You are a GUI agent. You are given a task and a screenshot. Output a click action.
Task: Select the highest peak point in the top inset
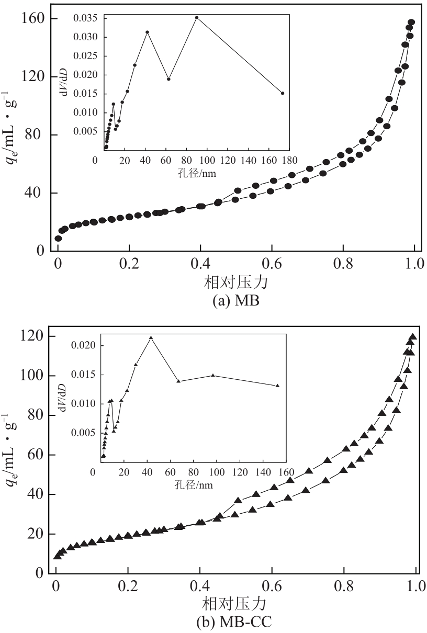[x=197, y=17]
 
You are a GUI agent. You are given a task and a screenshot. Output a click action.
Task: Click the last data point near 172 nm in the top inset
[x=283, y=93]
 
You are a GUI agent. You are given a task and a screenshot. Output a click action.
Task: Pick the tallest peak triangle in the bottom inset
[x=151, y=338]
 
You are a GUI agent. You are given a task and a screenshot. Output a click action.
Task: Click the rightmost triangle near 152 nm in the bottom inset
[x=277, y=386]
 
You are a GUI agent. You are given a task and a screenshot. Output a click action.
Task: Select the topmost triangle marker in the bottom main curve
[x=413, y=337]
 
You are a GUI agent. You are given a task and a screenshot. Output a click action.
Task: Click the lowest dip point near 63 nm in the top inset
[x=168, y=79]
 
